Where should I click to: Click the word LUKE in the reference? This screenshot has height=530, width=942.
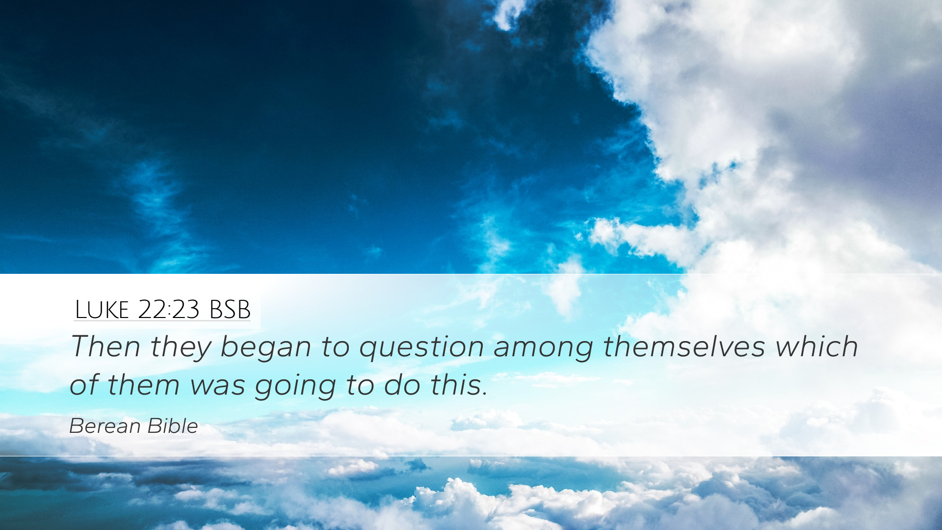pyautogui.click(x=102, y=309)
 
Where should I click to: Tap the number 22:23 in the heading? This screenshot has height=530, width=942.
pyautogui.click(x=169, y=309)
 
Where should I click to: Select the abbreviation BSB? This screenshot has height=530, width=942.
pyautogui.click(x=230, y=309)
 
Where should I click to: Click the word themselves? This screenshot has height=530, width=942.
pyautogui.click(x=684, y=346)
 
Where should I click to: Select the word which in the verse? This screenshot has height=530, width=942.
pyautogui.click(x=817, y=346)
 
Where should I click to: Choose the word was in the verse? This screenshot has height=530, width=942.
pyautogui.click(x=217, y=386)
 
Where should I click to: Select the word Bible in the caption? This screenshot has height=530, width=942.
pyautogui.click(x=173, y=426)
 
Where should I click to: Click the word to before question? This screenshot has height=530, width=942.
pyautogui.click(x=336, y=347)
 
